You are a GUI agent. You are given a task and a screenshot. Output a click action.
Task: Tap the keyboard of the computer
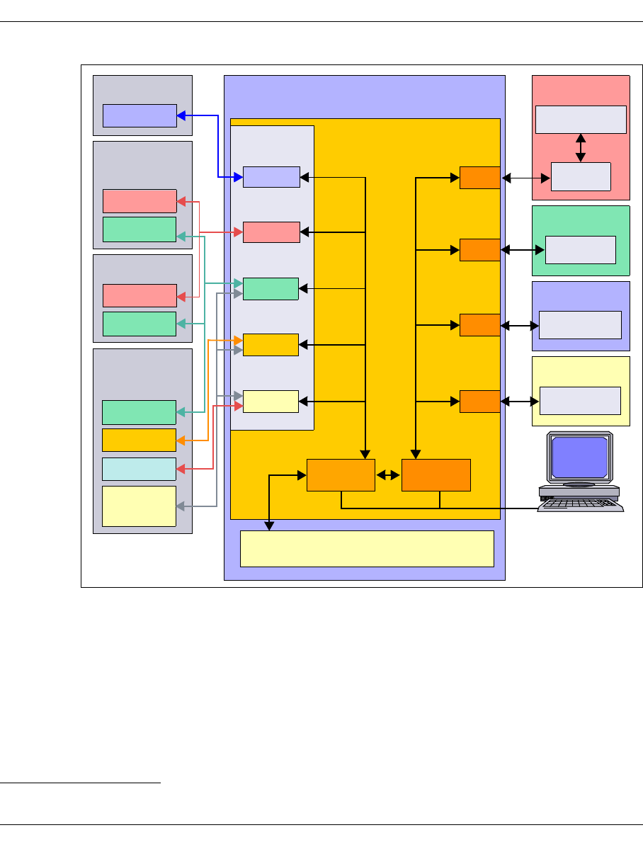click(581, 503)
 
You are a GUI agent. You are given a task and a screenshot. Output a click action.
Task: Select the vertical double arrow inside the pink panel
click(581, 148)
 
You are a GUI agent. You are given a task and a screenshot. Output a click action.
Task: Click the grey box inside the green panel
click(581, 250)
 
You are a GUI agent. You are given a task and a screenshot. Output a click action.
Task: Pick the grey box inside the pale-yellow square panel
click(581, 401)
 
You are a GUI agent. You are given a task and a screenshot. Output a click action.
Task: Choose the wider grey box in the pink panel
click(581, 119)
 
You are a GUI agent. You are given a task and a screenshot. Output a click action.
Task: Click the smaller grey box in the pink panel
click(581, 176)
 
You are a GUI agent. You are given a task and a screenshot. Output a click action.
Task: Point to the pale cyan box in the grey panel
click(139, 469)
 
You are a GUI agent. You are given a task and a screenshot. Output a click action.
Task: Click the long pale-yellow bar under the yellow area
click(367, 549)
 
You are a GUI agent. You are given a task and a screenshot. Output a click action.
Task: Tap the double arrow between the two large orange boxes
click(388, 475)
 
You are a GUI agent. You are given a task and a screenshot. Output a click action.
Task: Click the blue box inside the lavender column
click(271, 177)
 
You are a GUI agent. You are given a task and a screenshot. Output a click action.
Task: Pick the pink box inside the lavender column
click(271, 232)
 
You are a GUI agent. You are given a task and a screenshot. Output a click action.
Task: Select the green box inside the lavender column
click(271, 289)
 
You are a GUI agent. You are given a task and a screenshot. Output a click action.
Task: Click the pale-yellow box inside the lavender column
click(271, 402)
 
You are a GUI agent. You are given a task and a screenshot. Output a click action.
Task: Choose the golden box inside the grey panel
click(139, 440)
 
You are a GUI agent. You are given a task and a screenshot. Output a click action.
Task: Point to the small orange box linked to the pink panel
click(480, 178)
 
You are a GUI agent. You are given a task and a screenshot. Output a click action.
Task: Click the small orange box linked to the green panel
click(480, 250)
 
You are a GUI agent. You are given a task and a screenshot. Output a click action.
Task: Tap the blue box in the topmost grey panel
click(140, 115)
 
